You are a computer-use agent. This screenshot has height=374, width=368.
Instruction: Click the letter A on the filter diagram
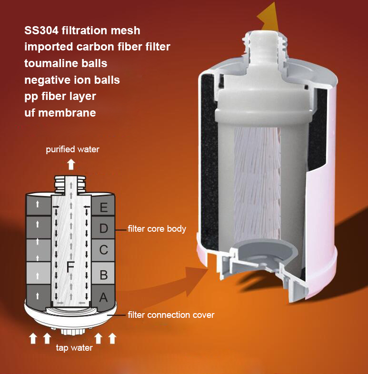pyautogui.click(x=103, y=297)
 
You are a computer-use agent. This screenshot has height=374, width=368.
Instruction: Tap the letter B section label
pyautogui.click(x=104, y=275)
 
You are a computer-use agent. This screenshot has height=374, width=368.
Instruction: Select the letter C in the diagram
pyautogui.click(x=104, y=250)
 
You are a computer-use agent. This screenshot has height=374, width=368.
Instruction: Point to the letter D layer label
pyautogui.click(x=104, y=228)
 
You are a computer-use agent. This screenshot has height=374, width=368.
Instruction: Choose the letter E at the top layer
pyautogui.click(x=104, y=207)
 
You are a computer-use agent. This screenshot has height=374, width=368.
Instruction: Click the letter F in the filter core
pyautogui.click(x=70, y=266)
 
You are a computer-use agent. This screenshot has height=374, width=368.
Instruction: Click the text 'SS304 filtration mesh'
pyautogui.click(x=82, y=30)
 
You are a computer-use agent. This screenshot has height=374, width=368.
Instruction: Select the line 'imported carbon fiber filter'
pyautogui.click(x=98, y=47)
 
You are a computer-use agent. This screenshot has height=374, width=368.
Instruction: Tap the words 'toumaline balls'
pyautogui.click(x=66, y=63)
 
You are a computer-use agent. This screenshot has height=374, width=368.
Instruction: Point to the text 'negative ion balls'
pyautogui.click(x=72, y=80)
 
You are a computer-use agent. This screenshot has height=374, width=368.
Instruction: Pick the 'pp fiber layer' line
pyautogui.click(x=60, y=97)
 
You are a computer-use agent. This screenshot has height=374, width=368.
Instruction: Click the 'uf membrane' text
pyautogui.click(x=60, y=113)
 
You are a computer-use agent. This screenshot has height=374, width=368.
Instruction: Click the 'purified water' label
pyautogui.click(x=72, y=149)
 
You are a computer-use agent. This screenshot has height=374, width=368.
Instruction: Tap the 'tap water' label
pyautogui.click(x=74, y=348)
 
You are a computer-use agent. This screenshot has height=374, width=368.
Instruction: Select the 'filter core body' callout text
pyautogui.click(x=157, y=229)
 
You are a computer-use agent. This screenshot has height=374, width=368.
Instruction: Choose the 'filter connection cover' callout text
pyautogui.click(x=171, y=315)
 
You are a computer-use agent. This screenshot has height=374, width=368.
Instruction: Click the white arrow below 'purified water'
pyautogui.click(x=71, y=165)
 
